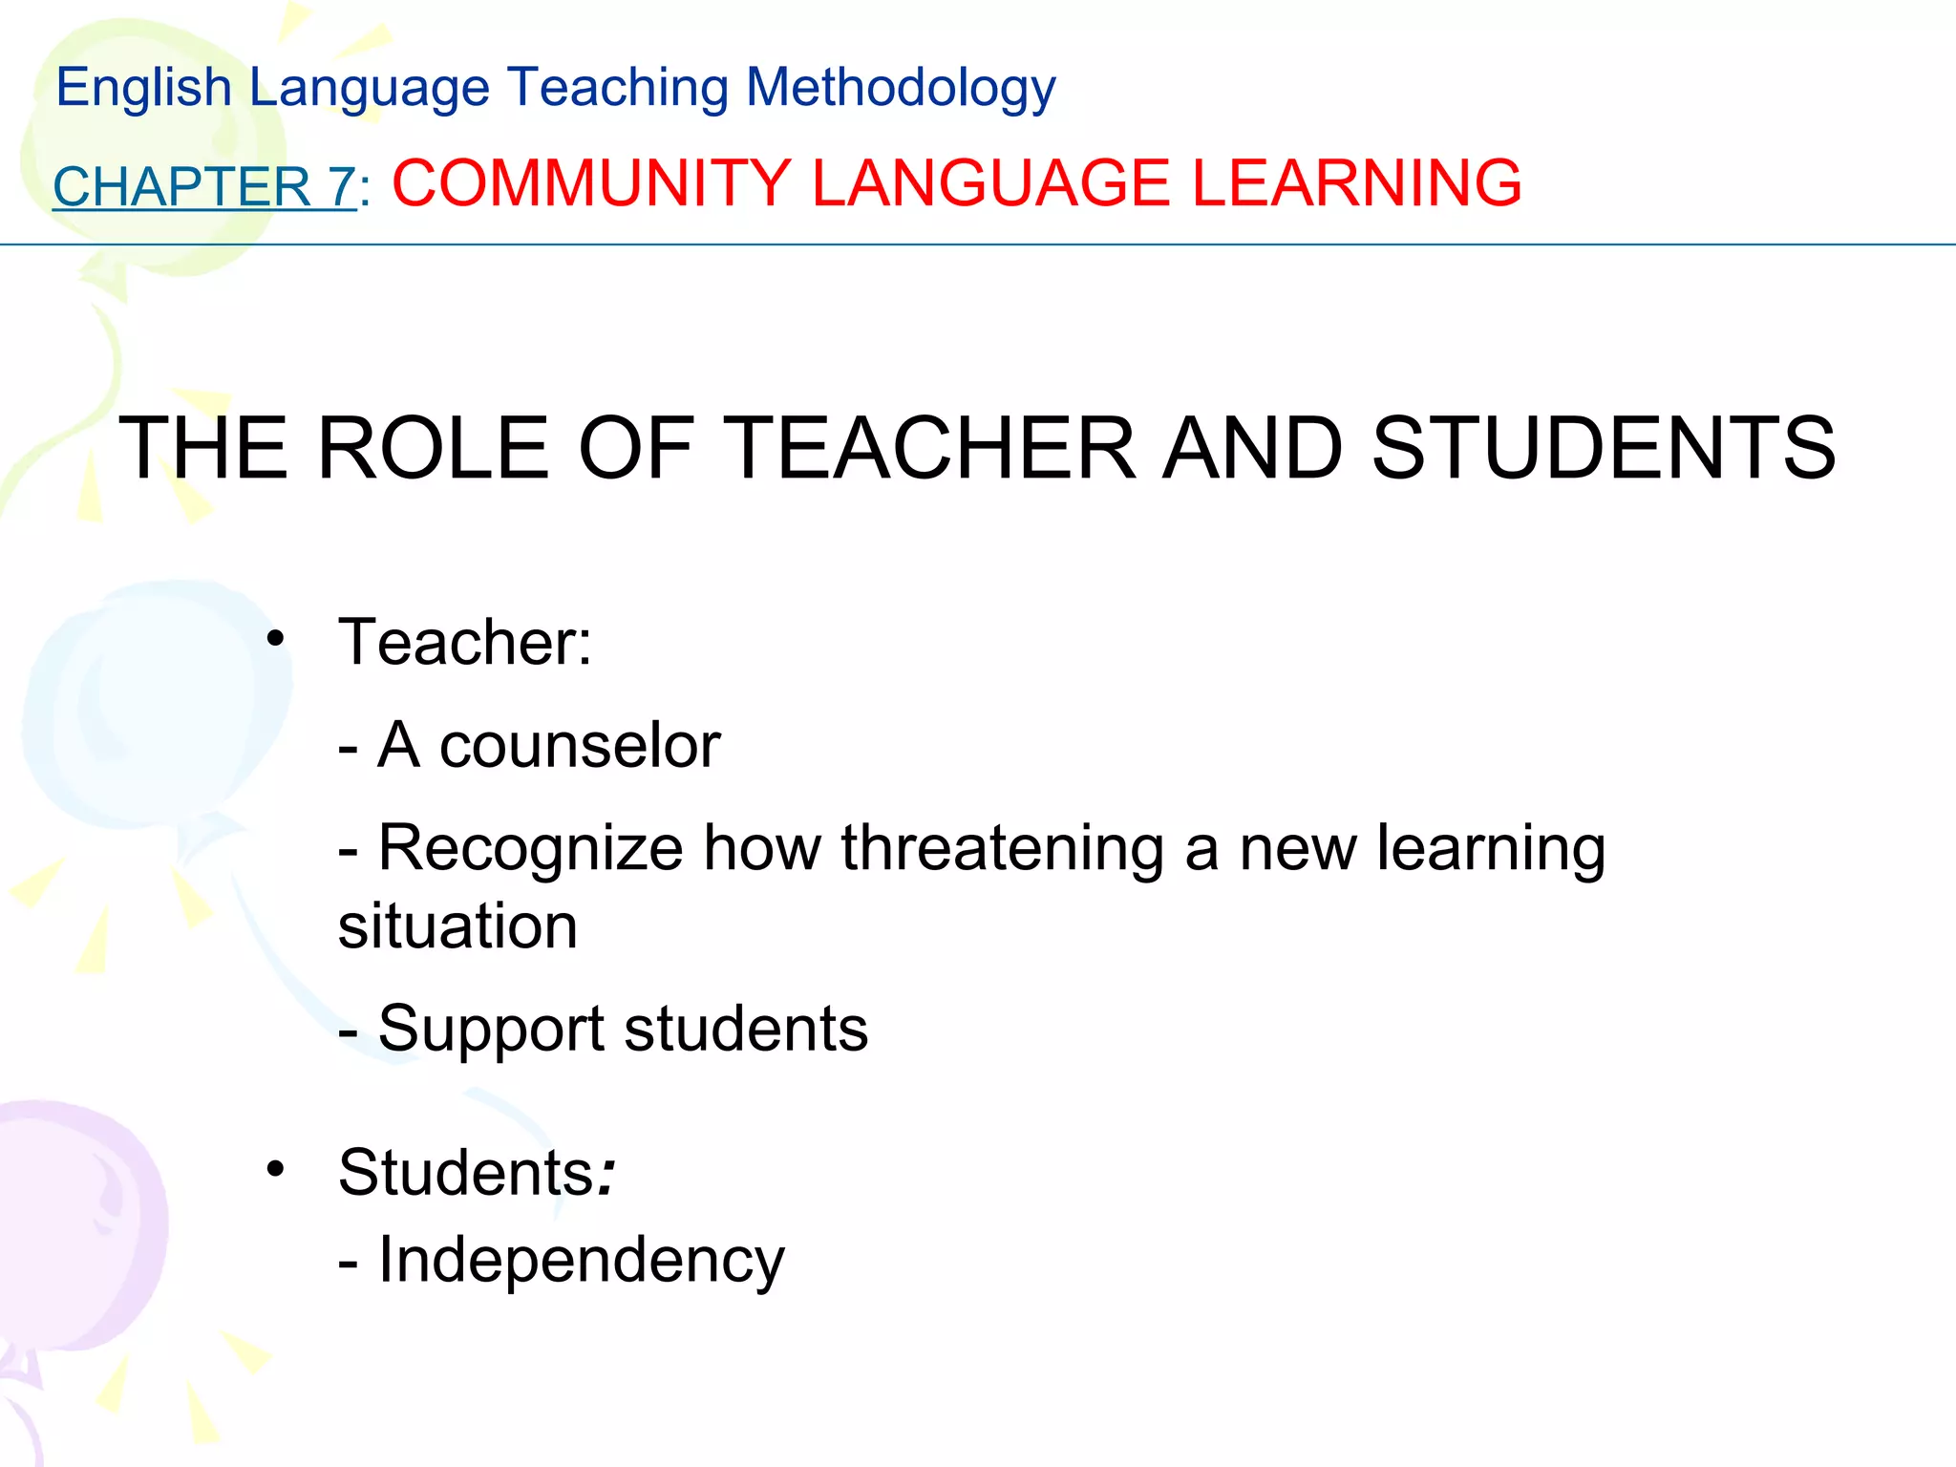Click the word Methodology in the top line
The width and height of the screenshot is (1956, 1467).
[x=900, y=88]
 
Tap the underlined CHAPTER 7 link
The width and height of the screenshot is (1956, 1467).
[x=204, y=186]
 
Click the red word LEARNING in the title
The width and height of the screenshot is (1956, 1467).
[x=1356, y=182]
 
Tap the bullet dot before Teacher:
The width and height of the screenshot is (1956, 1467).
[x=276, y=638]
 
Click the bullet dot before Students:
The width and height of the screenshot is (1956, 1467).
[x=276, y=1169]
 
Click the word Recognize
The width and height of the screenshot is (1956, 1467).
[x=531, y=848]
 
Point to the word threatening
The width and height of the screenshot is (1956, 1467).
[x=1002, y=848]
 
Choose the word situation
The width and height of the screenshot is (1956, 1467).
[x=457, y=926]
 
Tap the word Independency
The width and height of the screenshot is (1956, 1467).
[x=581, y=1260]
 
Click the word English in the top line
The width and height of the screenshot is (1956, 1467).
[x=144, y=88]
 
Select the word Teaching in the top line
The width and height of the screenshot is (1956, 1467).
[x=616, y=88]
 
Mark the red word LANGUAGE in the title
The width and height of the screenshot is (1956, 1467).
[x=990, y=182]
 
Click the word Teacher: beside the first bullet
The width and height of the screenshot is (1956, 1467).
[x=465, y=642]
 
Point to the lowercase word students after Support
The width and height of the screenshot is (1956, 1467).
[x=746, y=1030]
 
